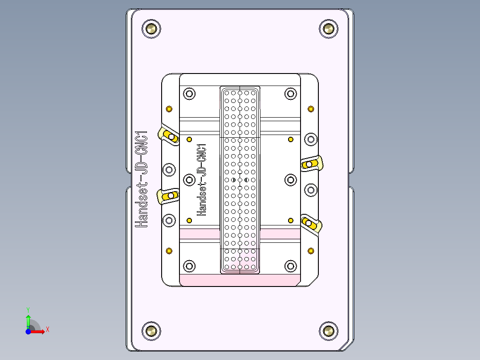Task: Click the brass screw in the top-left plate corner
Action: click(151, 29)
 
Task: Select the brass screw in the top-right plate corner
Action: click(329, 29)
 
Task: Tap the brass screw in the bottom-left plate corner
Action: click(151, 331)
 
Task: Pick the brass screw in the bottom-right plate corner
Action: click(329, 331)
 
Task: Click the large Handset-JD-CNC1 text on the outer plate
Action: click(142, 179)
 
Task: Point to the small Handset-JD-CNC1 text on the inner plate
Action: click(202, 180)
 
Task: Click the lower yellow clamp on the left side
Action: click(168, 196)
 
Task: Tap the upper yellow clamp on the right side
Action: click(311, 164)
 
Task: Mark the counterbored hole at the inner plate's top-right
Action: click(290, 94)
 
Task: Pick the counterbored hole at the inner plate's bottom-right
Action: click(290, 266)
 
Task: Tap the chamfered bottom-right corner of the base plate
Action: click(345, 346)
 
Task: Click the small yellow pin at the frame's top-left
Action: click(169, 109)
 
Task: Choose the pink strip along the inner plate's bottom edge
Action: click(239, 280)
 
